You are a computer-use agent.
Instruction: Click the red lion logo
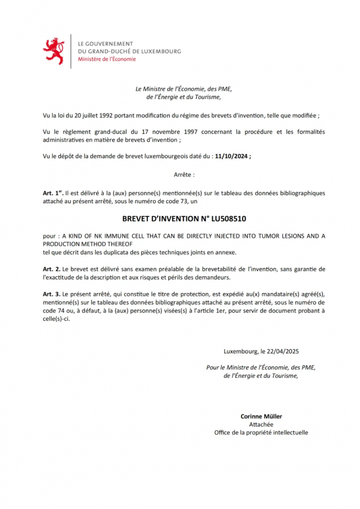point(53,51)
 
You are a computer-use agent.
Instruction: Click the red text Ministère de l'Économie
point(106,59)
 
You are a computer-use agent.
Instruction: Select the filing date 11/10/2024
point(230,156)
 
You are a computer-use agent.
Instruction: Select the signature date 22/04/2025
point(282,351)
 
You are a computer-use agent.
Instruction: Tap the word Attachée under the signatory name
point(261,424)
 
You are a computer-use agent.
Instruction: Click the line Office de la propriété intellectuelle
point(261,433)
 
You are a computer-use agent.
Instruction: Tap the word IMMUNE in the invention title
point(110,236)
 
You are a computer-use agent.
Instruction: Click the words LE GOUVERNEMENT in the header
point(106,43)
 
